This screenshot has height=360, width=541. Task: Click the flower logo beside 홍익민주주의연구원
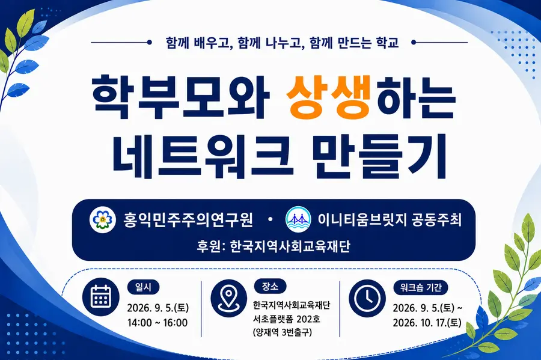point(102,219)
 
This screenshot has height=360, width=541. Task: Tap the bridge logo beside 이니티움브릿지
point(299,219)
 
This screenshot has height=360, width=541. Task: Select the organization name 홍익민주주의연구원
point(188,219)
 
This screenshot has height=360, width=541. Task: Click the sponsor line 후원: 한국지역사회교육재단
point(274,246)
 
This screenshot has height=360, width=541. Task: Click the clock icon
point(367,298)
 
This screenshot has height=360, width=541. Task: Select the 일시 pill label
point(144,287)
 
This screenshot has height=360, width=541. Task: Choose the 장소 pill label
point(270,286)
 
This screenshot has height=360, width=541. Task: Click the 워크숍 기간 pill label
point(421,287)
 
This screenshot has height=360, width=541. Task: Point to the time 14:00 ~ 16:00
point(157,323)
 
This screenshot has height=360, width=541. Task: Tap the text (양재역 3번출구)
point(283,332)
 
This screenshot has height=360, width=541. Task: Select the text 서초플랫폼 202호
point(287,319)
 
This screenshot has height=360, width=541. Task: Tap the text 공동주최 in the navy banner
point(436,219)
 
